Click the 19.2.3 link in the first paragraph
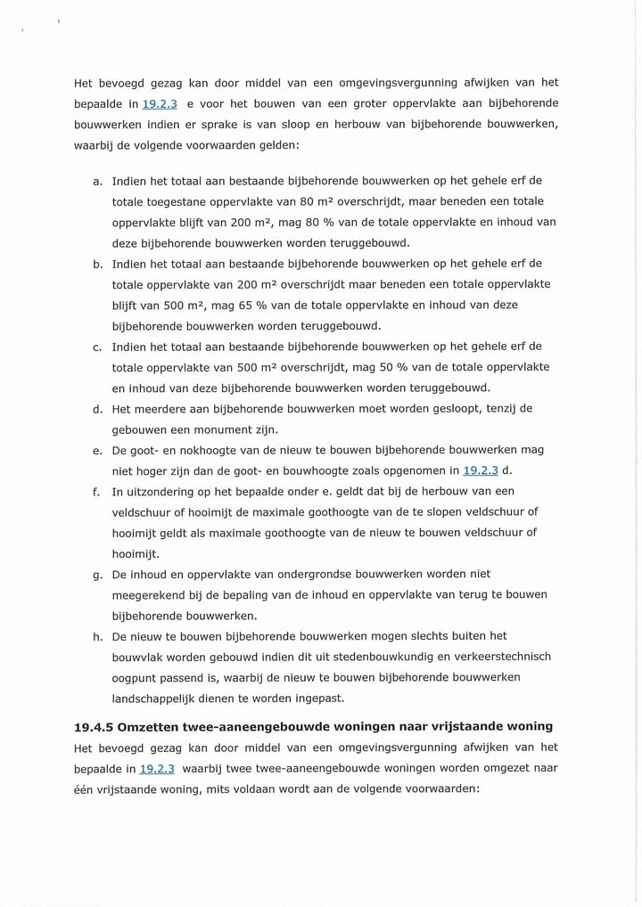pos(160,104)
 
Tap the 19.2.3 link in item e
pos(481,470)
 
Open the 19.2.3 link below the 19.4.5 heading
pos(157,768)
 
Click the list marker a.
pos(97,182)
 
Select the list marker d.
pos(97,409)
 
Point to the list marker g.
pos(97,575)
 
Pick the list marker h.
pos(97,637)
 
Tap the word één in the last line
pos(86,789)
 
